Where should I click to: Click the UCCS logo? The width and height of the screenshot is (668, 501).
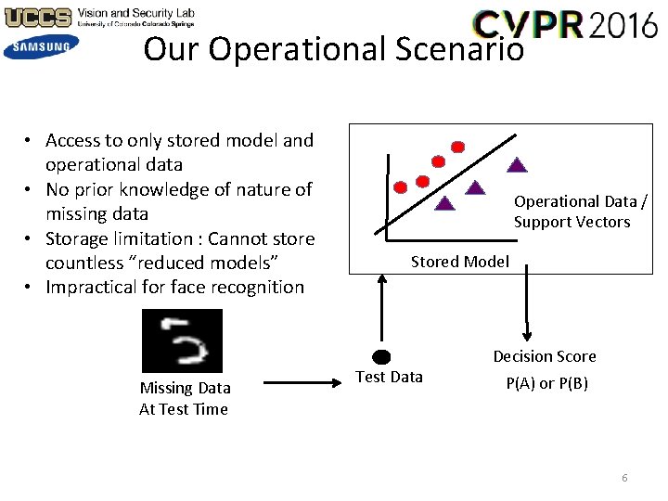coord(37,17)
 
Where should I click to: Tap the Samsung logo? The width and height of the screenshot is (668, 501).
coord(41,46)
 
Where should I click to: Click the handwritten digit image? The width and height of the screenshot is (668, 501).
coord(182,340)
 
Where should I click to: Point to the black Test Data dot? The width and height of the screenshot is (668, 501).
coord(380,357)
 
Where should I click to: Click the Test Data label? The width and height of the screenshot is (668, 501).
coord(390,377)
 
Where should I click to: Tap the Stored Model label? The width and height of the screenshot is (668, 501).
coord(460,262)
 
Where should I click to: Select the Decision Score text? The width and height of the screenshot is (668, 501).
coord(545,356)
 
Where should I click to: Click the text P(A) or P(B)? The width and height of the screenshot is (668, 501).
coord(546,383)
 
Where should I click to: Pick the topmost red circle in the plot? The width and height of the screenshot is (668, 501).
coord(457,147)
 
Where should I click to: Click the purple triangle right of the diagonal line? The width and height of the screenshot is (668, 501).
coord(518,166)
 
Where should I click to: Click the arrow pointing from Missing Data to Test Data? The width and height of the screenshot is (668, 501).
coord(293,381)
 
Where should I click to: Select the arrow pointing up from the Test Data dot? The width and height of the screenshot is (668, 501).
coord(380,311)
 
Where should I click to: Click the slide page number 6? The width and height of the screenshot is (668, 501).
coord(624,478)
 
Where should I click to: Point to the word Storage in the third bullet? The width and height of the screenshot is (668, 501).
coord(77,238)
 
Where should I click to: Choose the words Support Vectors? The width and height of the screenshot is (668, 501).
coord(572,222)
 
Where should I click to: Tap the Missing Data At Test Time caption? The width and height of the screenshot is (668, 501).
coord(185,398)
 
